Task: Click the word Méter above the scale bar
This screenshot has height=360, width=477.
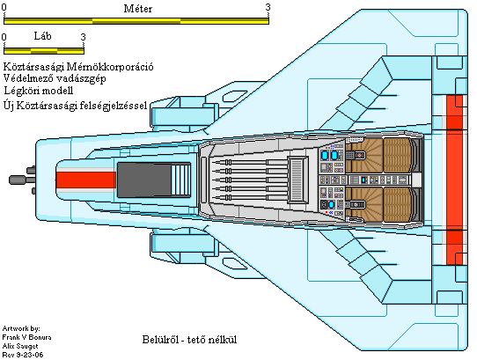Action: tap(138, 9)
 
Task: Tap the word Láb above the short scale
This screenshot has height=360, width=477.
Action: tap(42, 36)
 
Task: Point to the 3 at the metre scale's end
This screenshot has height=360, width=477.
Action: tap(268, 7)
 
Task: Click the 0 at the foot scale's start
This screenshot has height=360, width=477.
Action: tap(4, 37)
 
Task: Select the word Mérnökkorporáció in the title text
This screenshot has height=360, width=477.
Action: tap(110, 67)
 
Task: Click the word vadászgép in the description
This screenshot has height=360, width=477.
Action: tap(81, 78)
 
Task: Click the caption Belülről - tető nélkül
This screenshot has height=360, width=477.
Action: tap(189, 339)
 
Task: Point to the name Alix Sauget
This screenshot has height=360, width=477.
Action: tap(20, 346)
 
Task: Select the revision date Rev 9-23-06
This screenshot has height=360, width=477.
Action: tap(23, 355)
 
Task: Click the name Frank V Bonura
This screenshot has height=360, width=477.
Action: tap(26, 337)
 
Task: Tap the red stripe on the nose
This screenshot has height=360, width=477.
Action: tap(86, 180)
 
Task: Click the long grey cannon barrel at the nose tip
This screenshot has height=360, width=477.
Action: tap(22, 180)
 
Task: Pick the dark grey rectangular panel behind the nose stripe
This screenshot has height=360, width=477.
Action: tap(143, 180)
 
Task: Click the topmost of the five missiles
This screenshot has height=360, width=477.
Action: tap(249, 162)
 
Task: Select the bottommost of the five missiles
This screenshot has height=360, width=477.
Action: tap(249, 198)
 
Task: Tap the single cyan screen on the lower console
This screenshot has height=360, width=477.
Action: tap(331, 204)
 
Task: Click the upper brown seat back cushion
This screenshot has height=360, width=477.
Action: tap(398, 155)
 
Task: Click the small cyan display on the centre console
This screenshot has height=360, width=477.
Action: tap(363, 180)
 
